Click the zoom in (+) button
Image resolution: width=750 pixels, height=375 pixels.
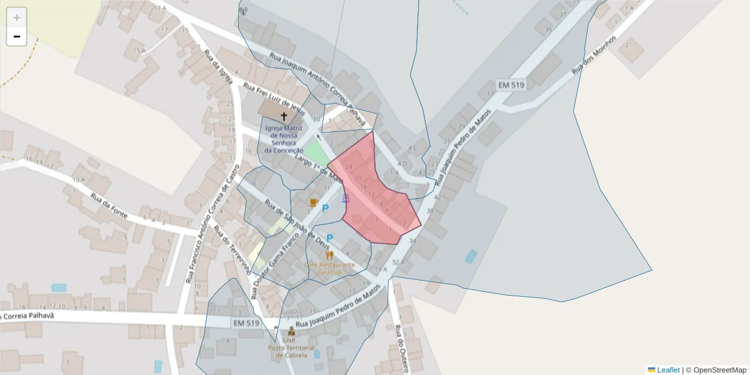coord(17,17)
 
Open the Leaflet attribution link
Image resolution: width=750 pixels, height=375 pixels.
coord(668,370)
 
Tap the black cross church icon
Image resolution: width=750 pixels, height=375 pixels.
coord(284,116)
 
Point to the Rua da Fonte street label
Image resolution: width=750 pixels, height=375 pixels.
coord(109,206)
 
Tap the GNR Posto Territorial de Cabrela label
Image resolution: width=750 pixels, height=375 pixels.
coord(291,347)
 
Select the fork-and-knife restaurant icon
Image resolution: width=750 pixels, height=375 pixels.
coord(329,255)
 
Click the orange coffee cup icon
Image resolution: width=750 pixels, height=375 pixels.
coord(314,202)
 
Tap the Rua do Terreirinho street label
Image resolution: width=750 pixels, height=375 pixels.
coord(232,251)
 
